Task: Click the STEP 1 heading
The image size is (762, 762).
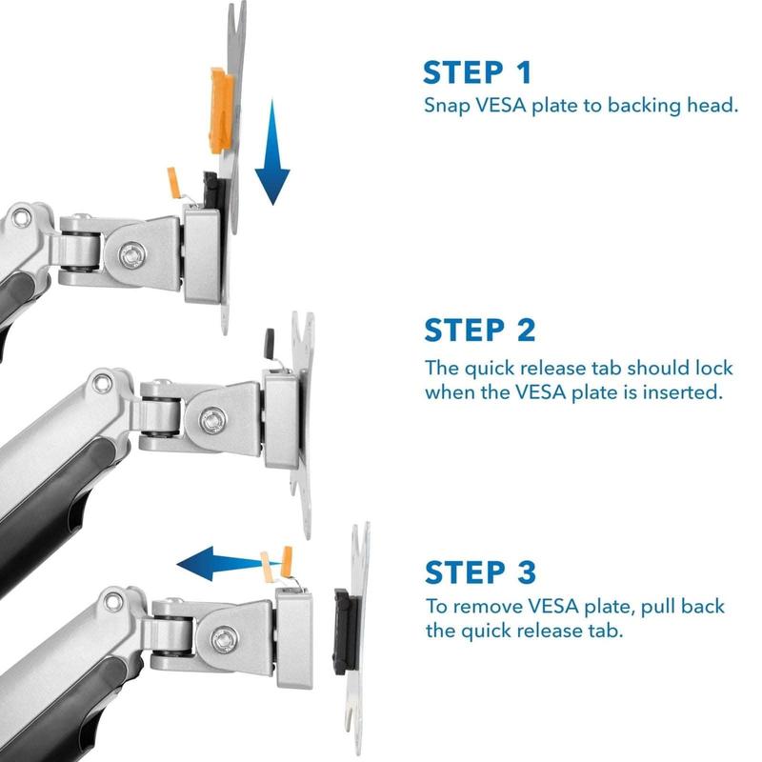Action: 477,72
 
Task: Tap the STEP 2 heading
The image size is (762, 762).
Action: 480,331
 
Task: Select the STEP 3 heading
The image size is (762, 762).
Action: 481,572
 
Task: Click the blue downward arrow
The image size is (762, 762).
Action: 272,152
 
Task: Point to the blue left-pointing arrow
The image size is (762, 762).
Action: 229,564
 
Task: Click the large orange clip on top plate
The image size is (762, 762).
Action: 221,110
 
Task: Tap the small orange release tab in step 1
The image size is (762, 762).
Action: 173,182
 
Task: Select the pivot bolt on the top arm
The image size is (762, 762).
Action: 132,254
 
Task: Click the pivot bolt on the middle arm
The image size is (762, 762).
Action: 212,420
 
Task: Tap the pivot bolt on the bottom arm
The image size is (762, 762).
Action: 224,639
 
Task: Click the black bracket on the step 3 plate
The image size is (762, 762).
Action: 345,632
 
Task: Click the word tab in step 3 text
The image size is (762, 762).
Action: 605,631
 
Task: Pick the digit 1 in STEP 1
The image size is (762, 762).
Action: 524,72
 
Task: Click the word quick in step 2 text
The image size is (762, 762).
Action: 490,369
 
